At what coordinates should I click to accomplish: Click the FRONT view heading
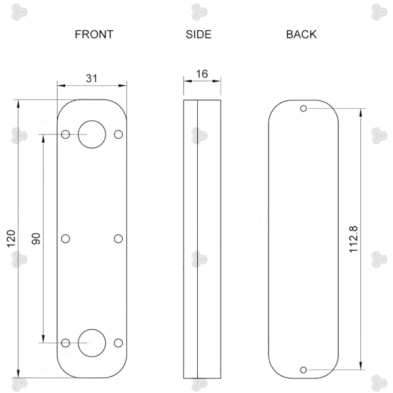point(94,34)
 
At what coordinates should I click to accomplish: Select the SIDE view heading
point(198,34)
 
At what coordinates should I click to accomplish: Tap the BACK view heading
point(301,34)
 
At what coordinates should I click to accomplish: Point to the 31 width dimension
point(92,79)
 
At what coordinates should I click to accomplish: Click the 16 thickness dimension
point(202,74)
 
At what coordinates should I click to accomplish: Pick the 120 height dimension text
point(11,238)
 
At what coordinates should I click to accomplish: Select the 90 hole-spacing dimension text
point(36,238)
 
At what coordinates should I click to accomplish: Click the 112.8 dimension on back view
point(354,239)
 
